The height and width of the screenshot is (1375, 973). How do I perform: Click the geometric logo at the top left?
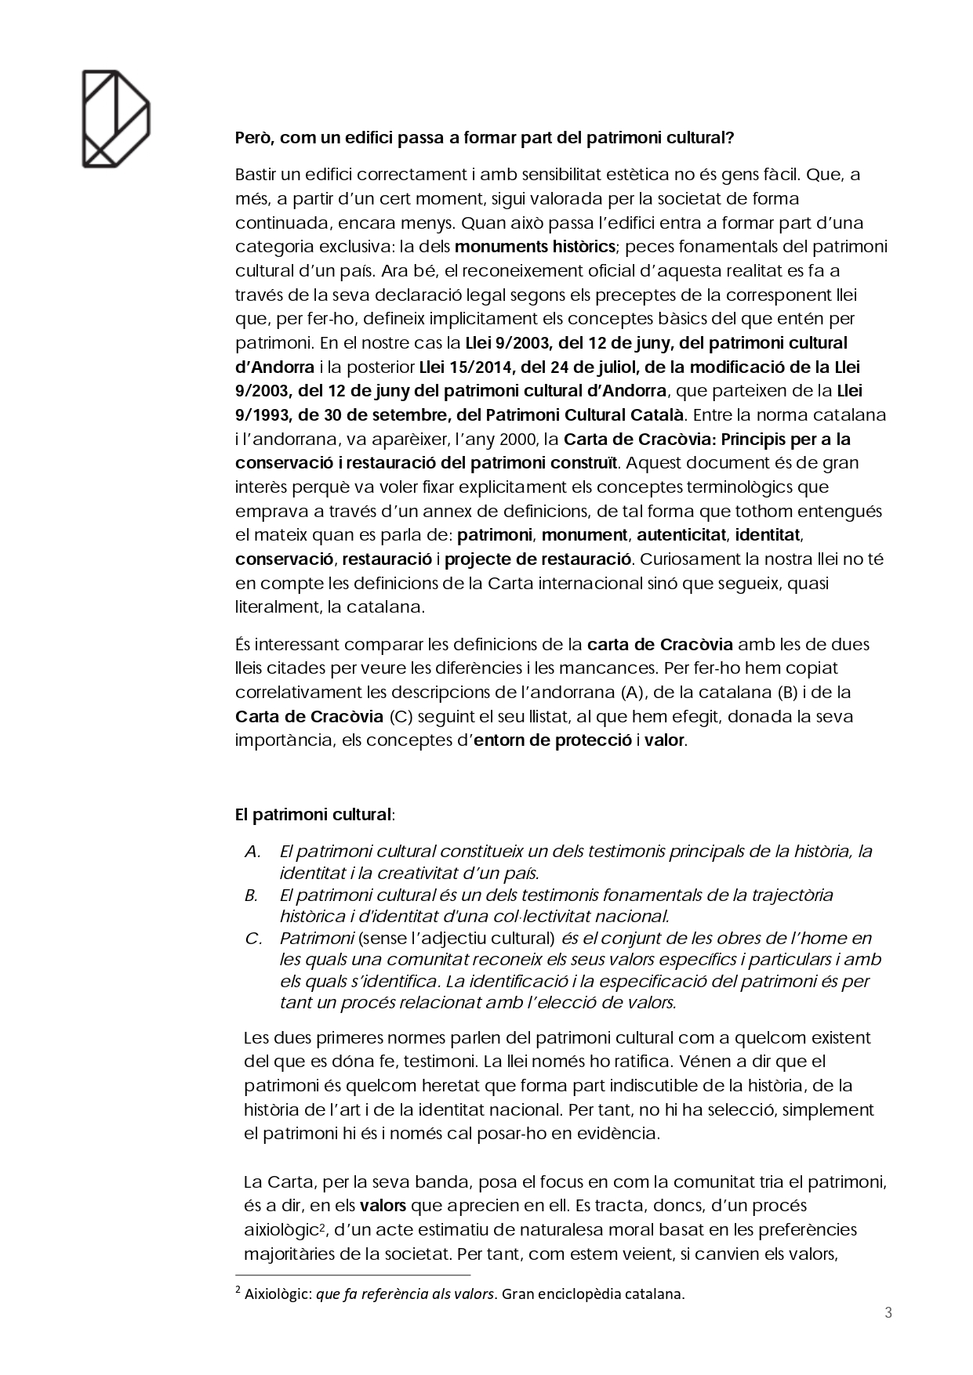[x=116, y=118]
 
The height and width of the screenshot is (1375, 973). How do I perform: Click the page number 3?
[x=888, y=1312]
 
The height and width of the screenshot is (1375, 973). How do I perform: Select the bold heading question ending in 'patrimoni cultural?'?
[x=485, y=138]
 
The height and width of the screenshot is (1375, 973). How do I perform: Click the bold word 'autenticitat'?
[x=681, y=535]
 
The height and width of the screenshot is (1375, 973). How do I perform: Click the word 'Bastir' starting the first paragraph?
[x=256, y=174]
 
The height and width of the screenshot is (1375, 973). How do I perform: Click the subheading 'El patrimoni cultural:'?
[x=315, y=814]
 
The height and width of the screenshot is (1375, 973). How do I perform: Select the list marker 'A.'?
[x=252, y=852]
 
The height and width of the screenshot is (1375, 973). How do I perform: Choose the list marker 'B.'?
[x=252, y=895]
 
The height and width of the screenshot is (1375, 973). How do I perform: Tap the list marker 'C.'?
[x=252, y=938]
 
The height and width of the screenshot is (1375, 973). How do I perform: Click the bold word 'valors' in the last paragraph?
[x=383, y=1205]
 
